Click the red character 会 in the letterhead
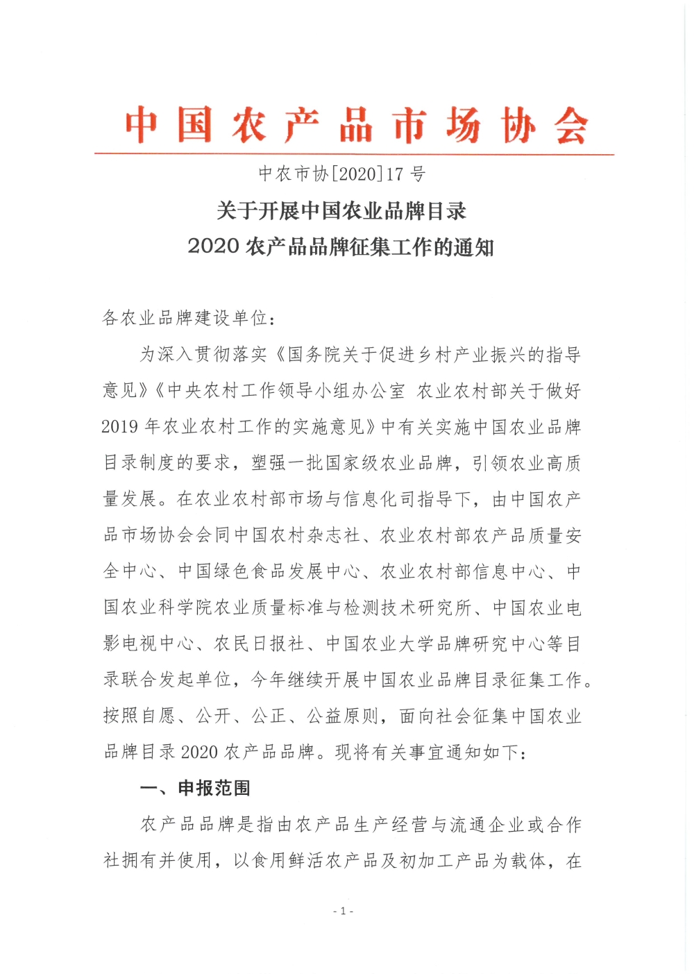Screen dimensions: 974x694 click(571, 126)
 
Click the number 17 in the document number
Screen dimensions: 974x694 click(395, 174)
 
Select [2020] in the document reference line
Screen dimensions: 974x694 click(357, 174)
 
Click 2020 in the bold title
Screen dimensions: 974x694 click(213, 246)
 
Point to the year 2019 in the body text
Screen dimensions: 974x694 click(120, 427)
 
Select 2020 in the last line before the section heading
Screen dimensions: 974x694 click(200, 752)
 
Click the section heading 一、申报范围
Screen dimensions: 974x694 click(195, 789)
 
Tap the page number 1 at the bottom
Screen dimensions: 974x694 click(343, 911)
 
